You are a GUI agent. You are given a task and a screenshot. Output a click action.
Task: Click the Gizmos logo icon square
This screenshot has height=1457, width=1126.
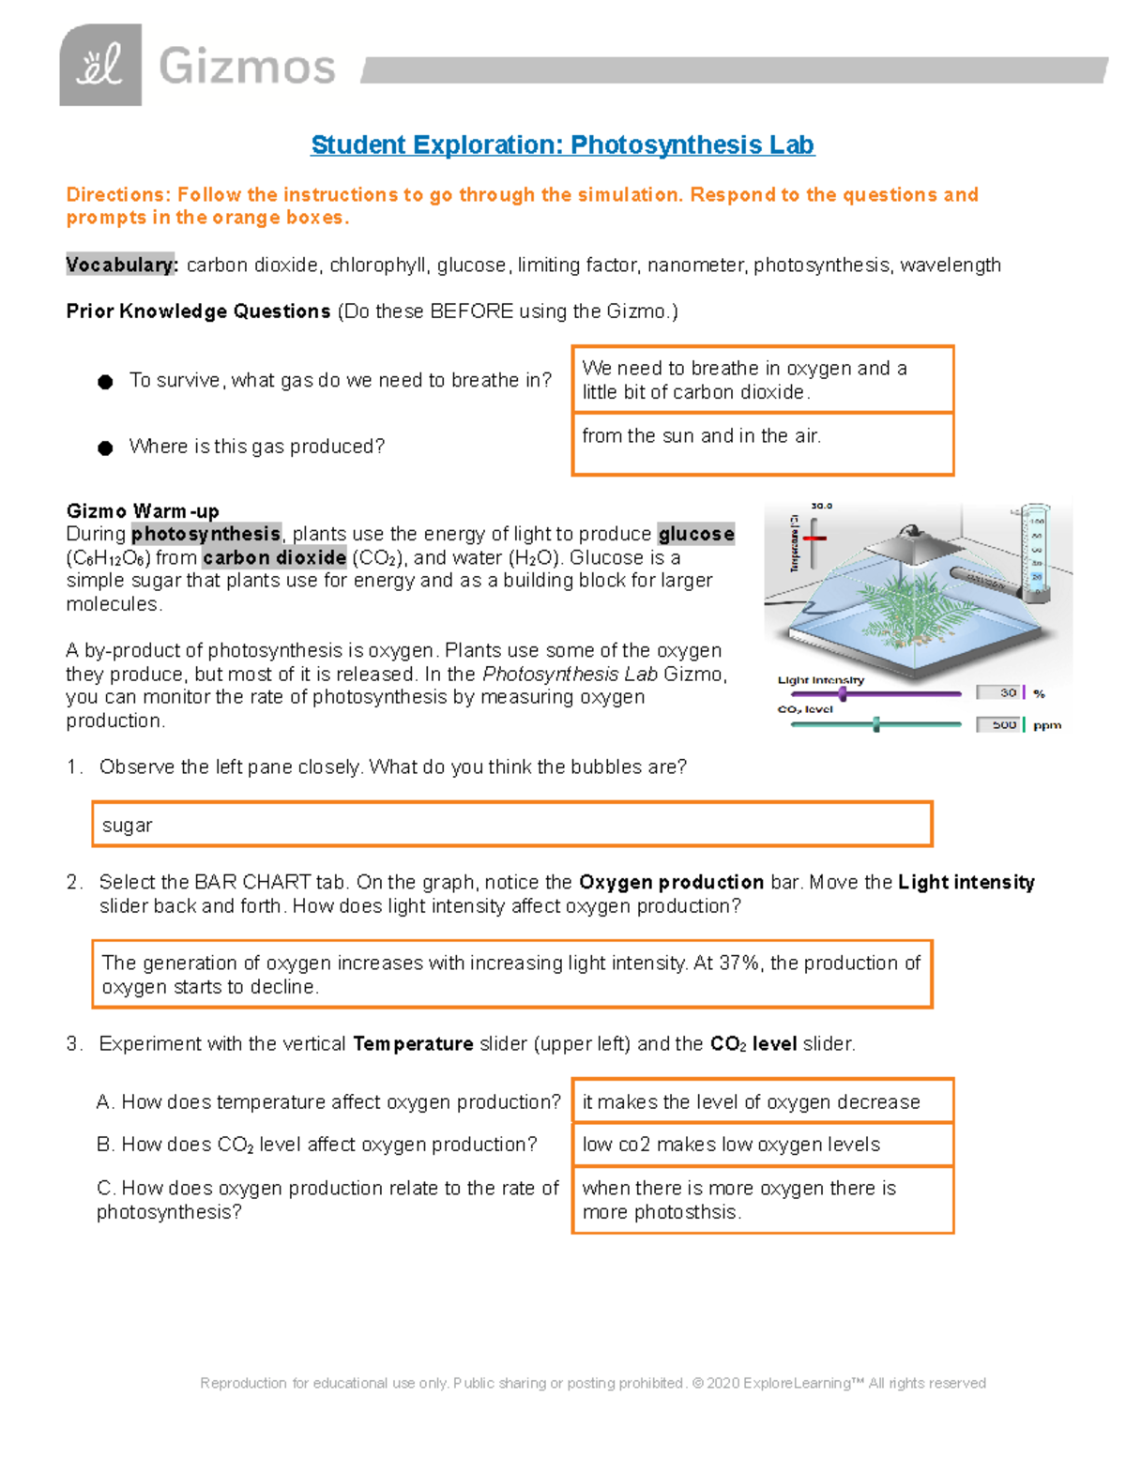100,65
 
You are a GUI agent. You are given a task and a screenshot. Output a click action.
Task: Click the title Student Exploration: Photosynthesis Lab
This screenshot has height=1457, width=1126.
562,145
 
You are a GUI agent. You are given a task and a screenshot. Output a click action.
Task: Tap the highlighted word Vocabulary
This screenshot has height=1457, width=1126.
121,265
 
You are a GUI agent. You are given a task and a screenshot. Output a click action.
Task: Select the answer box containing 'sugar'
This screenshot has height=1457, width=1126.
511,825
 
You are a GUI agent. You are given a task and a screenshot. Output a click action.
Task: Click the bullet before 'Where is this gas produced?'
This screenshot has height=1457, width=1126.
105,448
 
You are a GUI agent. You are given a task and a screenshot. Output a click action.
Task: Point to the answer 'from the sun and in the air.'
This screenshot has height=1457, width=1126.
701,436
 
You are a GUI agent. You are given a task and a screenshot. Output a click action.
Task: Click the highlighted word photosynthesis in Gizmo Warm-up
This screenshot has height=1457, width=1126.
205,534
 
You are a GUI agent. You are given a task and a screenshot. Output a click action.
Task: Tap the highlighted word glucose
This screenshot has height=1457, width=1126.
695,534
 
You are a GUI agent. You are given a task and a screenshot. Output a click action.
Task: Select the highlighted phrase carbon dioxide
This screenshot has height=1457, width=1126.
274,557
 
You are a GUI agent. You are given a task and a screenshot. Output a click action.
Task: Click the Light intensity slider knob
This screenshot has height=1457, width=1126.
843,694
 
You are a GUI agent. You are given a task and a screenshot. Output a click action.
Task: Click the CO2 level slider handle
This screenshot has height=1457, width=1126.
876,724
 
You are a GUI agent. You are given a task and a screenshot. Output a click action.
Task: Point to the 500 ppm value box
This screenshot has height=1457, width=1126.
1000,724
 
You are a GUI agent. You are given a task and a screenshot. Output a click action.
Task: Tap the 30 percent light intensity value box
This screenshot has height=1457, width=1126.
1001,692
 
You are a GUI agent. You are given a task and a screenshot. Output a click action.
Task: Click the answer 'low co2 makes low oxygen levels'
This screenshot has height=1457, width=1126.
731,1145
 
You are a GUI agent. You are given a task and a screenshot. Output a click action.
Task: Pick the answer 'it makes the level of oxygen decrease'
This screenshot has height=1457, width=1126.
751,1102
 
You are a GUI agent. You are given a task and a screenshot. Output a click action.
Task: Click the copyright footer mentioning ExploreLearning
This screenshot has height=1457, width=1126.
592,1383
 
